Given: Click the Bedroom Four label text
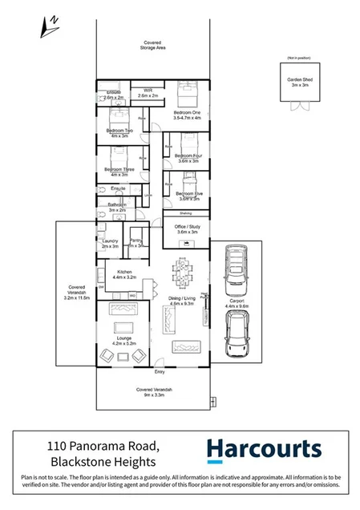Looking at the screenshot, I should (188, 157).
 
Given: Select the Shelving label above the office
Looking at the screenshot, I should (184, 213).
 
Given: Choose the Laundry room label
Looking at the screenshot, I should (111, 243).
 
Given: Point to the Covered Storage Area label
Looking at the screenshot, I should (154, 45).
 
